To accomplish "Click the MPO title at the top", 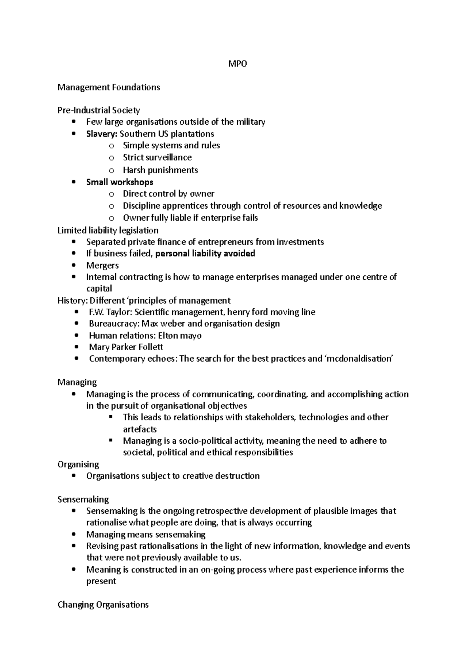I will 237,64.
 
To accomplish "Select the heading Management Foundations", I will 108,87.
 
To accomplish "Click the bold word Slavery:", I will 102,134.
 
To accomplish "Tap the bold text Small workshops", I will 120,182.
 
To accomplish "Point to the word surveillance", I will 169,158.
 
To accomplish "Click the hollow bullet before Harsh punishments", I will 112,171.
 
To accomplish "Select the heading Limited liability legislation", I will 108,230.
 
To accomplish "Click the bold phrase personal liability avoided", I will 205,253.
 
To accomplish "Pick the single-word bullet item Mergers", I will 102,265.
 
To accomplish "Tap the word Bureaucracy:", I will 114,324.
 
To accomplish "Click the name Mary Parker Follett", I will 126,347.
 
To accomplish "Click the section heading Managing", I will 77,382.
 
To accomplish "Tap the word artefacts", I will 140,429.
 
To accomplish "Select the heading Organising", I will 78,464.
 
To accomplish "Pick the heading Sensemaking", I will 83,499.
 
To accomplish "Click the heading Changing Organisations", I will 103,605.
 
